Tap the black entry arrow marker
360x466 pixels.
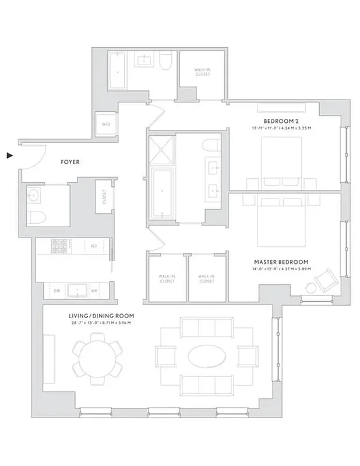[10, 156]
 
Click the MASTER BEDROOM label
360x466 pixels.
[281, 262]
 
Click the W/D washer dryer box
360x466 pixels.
[107, 124]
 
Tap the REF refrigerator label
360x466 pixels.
[93, 246]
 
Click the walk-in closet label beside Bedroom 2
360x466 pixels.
[203, 72]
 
